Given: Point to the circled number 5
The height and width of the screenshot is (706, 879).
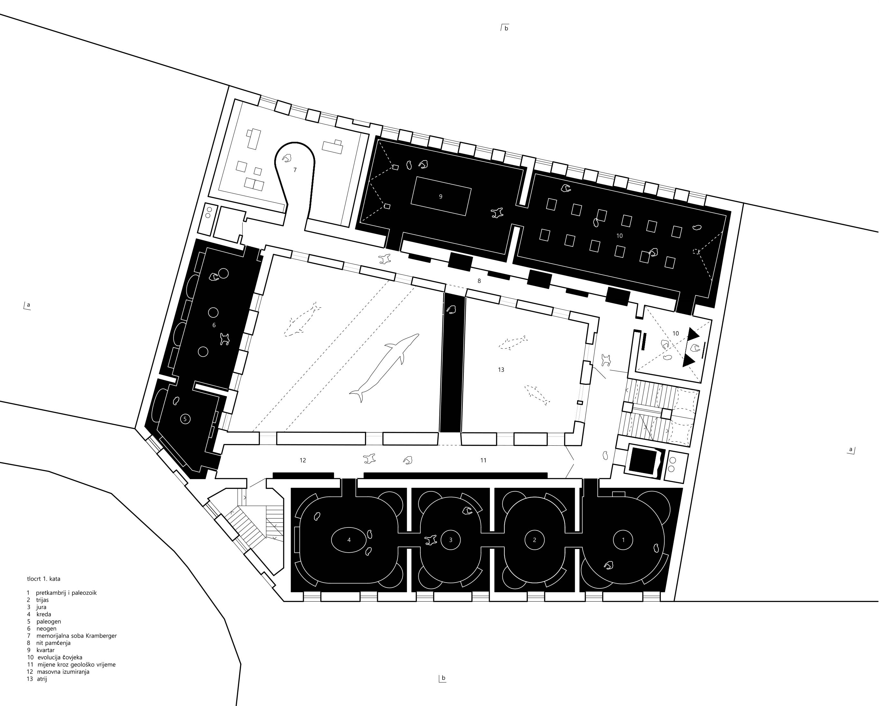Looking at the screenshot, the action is (185, 419).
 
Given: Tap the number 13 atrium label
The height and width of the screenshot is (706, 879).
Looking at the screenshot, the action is (501, 370).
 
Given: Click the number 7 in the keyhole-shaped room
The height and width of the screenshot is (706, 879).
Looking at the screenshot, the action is (295, 170).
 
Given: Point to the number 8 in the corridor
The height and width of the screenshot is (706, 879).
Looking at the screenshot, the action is (479, 281).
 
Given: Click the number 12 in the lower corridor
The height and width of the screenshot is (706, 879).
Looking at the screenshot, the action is (303, 460).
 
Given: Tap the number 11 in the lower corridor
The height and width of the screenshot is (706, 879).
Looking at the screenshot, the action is (483, 460).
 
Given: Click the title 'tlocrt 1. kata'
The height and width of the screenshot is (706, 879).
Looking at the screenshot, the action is (44, 579).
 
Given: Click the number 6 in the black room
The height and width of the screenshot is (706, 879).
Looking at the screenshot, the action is (214, 325).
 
